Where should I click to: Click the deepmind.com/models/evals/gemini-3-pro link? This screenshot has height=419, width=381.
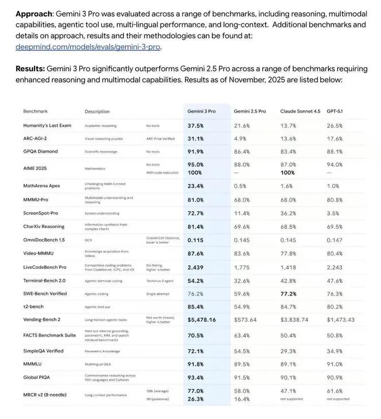coord(88,47)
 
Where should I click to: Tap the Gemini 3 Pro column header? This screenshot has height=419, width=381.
coord(202,111)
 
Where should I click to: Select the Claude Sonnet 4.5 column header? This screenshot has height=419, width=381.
coord(300,111)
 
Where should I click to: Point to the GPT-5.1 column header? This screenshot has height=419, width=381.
coord(338,111)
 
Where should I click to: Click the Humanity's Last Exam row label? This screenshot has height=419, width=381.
coord(47,125)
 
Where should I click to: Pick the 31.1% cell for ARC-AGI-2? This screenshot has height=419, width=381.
coord(196,138)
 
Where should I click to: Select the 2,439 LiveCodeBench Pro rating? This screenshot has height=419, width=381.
coord(196,267)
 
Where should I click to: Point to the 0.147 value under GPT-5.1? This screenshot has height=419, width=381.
coord(335,240)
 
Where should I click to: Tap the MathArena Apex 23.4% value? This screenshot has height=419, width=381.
coord(196,186)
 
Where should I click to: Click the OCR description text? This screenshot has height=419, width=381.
coord(88,240)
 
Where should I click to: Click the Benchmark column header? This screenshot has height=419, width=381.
coord(35,111)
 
